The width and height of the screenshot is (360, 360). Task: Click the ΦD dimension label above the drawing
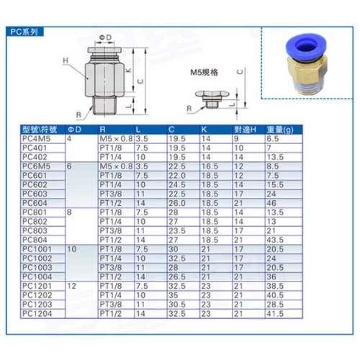coord(106,37)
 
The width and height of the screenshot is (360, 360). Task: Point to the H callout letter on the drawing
coord(66,60)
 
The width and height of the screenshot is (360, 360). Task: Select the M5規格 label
coord(204,72)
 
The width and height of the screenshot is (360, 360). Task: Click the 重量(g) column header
coord(280,130)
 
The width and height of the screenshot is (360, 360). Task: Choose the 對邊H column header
coord(246,130)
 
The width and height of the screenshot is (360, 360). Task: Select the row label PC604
coord(35,203)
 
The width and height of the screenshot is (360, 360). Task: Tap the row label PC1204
coord(37,313)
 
